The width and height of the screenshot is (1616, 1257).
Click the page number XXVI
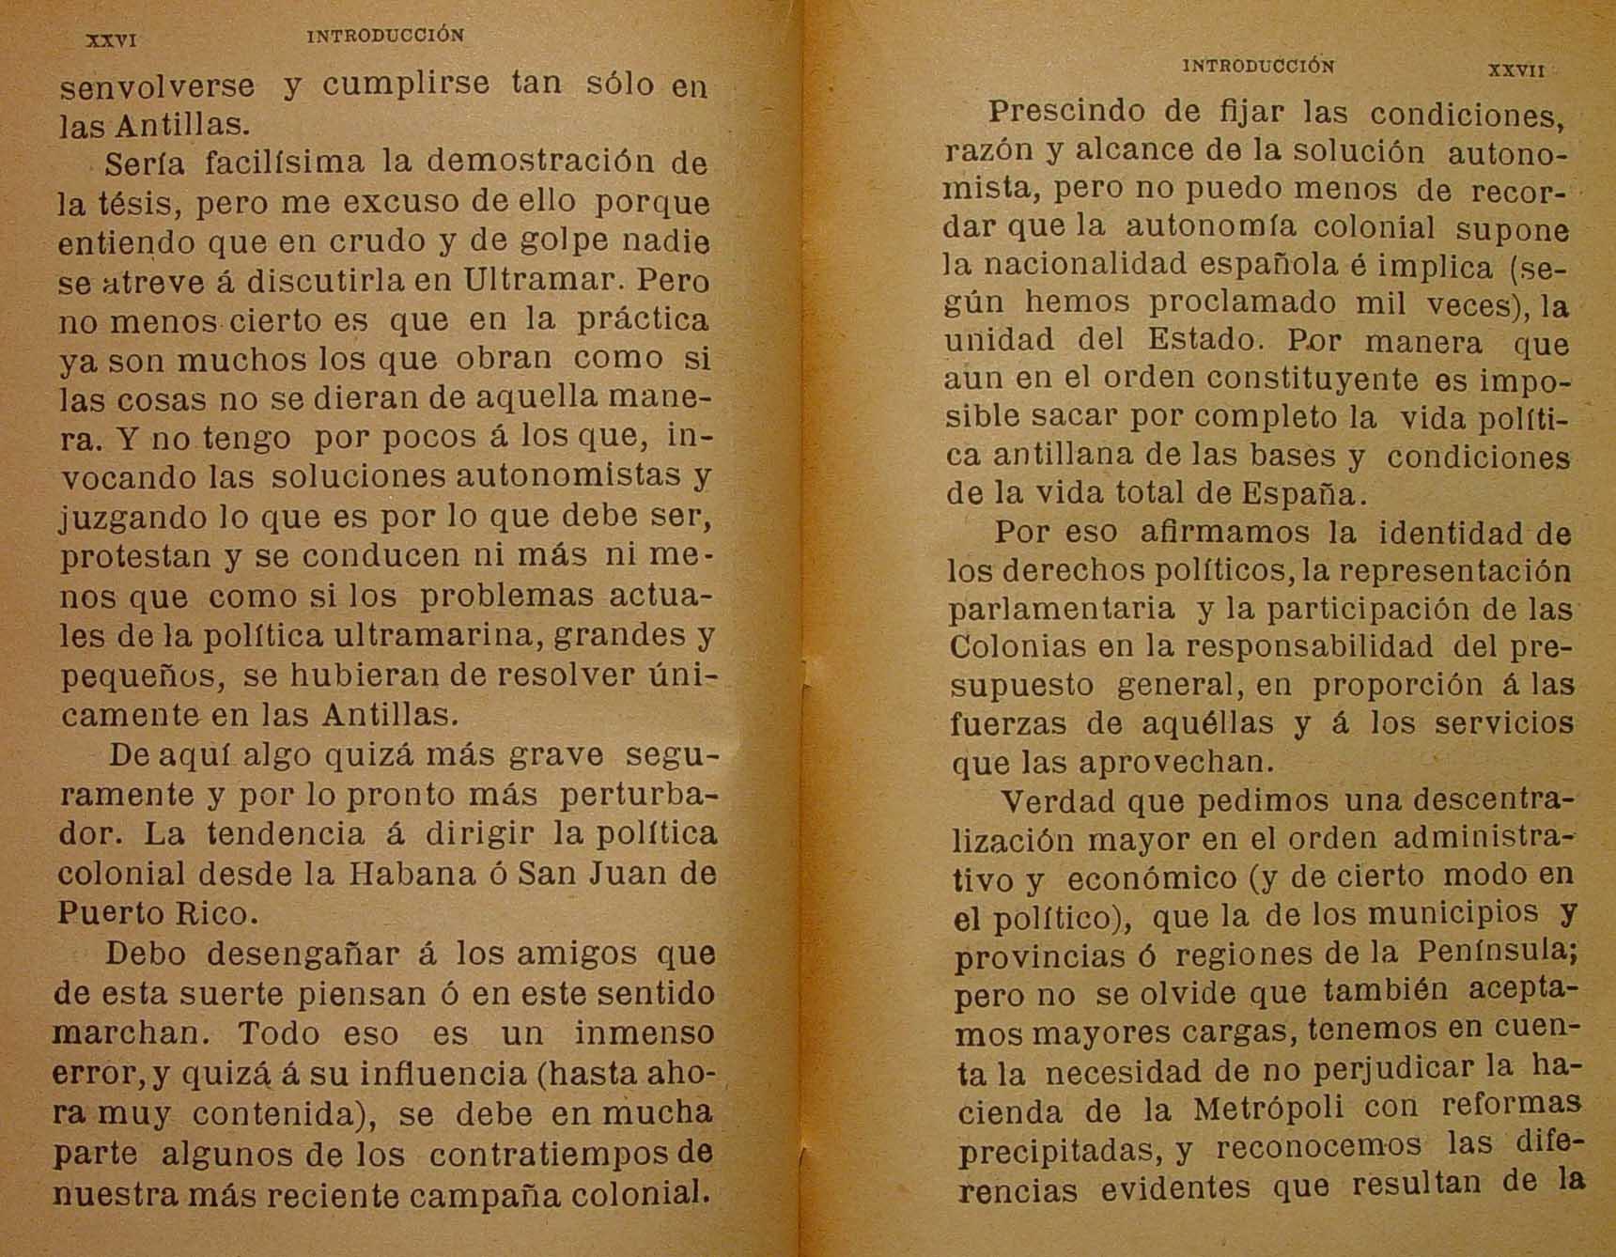point(112,41)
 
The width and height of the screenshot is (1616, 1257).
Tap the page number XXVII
point(1516,70)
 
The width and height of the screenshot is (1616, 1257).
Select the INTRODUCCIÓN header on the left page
point(386,37)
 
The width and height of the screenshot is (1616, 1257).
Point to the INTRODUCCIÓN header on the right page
point(1258,66)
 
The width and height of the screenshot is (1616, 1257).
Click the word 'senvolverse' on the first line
point(157,85)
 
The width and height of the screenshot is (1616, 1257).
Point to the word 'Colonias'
point(1012,646)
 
